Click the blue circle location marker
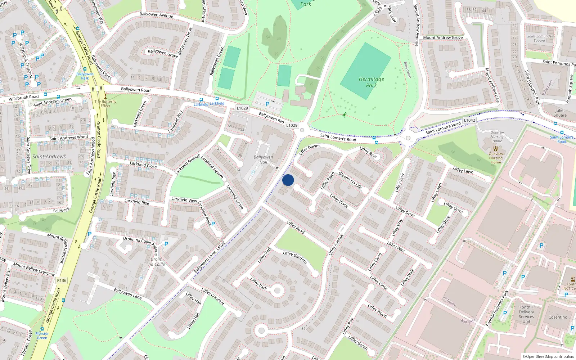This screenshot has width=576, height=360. click(288, 180)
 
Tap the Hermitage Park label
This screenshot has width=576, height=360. click(371, 82)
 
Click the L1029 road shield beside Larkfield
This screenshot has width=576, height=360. click(242, 108)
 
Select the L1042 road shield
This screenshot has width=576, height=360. click(469, 120)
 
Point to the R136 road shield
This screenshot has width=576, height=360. click(62, 280)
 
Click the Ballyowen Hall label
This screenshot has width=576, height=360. click(263, 159)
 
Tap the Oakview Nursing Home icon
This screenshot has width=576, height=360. click(496, 148)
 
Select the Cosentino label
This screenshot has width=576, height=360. click(558, 317)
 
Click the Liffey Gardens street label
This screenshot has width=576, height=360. click(295, 257)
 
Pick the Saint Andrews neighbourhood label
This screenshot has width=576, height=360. click(49, 157)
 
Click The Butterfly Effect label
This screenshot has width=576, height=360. click(105, 104)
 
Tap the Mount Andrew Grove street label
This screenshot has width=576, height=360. click(443, 37)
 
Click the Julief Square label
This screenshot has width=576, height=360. click(560, 113)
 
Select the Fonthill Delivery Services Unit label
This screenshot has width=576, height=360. click(526, 314)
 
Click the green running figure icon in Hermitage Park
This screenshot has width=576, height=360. click(345, 115)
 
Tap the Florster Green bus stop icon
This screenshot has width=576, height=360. click(42, 329)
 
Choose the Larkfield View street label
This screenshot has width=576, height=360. click(184, 199)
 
